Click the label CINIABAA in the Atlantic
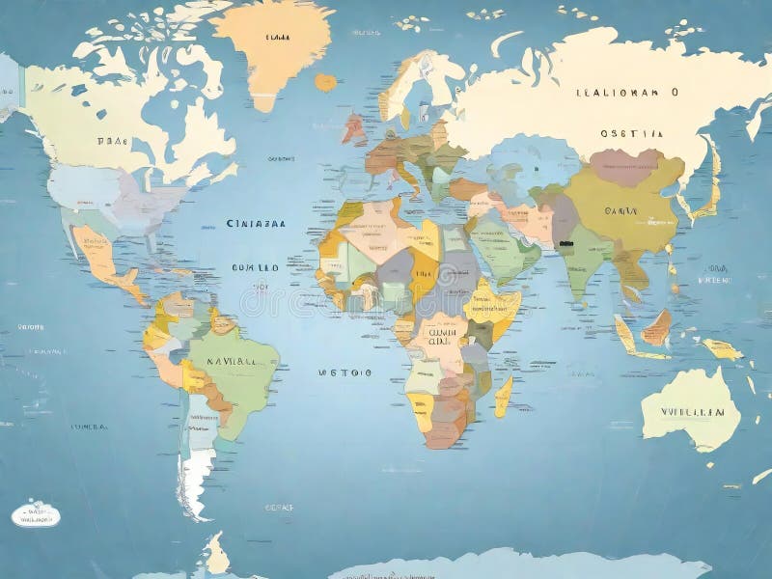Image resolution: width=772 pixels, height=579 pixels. point(256,223)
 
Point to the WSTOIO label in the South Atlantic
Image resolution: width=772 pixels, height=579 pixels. point(345,370)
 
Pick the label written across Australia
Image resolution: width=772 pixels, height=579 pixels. point(692,411)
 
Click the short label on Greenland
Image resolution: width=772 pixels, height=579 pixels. point(277,38)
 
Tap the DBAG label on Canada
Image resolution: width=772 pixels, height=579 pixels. point(113,140)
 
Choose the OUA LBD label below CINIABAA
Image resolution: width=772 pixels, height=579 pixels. point(255,268)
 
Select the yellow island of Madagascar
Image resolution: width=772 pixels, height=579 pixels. point(504,395)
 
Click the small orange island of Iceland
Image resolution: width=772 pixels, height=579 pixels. point(326,83)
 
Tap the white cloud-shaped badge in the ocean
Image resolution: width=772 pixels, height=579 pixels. point(36,515)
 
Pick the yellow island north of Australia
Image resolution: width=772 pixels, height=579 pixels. point(720,348)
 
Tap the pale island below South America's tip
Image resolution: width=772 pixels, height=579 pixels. point(218,557)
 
